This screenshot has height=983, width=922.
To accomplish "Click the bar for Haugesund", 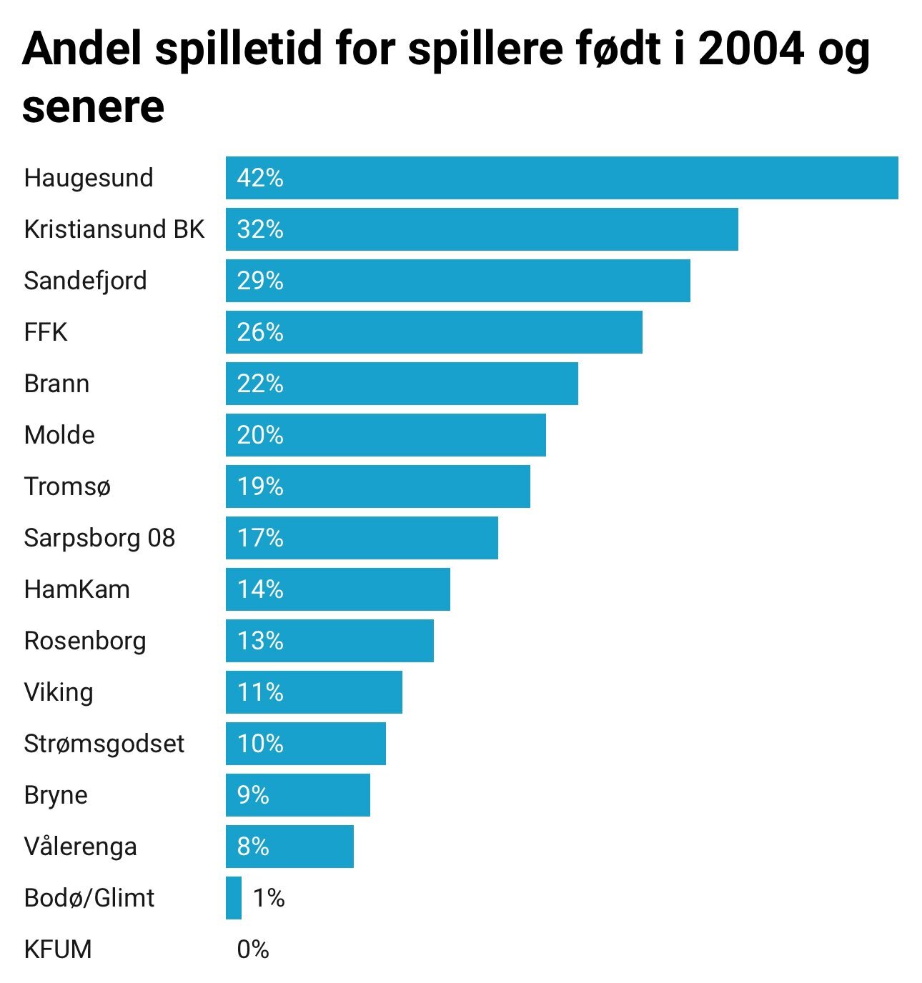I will click(562, 178).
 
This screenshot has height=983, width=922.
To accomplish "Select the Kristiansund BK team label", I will click(114, 229).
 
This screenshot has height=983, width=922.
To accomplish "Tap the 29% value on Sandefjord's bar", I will click(260, 281).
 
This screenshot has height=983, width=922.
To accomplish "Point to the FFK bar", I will click(434, 332).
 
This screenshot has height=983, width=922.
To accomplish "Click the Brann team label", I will click(56, 384).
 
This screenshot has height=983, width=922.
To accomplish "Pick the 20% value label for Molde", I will click(260, 435).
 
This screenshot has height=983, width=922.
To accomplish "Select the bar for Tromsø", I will click(378, 486).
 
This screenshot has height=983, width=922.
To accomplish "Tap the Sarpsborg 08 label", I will click(99, 538).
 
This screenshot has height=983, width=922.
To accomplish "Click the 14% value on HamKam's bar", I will click(260, 589).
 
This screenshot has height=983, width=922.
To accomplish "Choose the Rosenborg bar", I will click(329, 641).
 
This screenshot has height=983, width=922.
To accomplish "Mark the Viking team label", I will click(59, 692).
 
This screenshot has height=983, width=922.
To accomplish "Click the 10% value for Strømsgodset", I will click(260, 744).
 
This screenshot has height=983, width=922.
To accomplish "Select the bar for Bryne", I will click(298, 795).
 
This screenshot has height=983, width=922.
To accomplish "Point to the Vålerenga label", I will click(80, 847).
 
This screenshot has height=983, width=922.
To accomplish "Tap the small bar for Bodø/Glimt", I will click(234, 898).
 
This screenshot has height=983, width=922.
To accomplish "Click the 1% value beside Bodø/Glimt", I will click(269, 898).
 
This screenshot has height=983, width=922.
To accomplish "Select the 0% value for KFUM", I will click(253, 949).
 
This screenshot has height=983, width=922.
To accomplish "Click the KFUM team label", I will click(58, 949).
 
